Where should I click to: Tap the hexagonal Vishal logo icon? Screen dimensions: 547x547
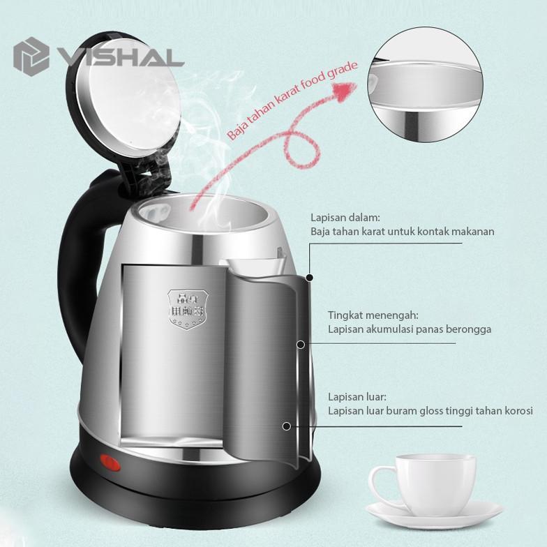tap(31, 55)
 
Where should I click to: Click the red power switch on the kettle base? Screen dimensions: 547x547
tap(109, 461)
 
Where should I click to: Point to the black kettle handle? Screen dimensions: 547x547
tap(74, 265)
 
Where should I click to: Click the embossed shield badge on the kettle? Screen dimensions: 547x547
tap(181, 306)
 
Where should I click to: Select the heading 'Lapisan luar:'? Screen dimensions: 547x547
tap(357, 397)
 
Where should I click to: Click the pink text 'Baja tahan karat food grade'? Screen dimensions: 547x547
tap(292, 101)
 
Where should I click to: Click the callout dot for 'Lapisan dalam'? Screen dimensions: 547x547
tap(309, 277)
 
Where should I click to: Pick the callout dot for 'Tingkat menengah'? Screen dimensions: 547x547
tap(301, 344)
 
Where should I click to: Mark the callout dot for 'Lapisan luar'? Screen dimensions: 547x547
tap(285, 425)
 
